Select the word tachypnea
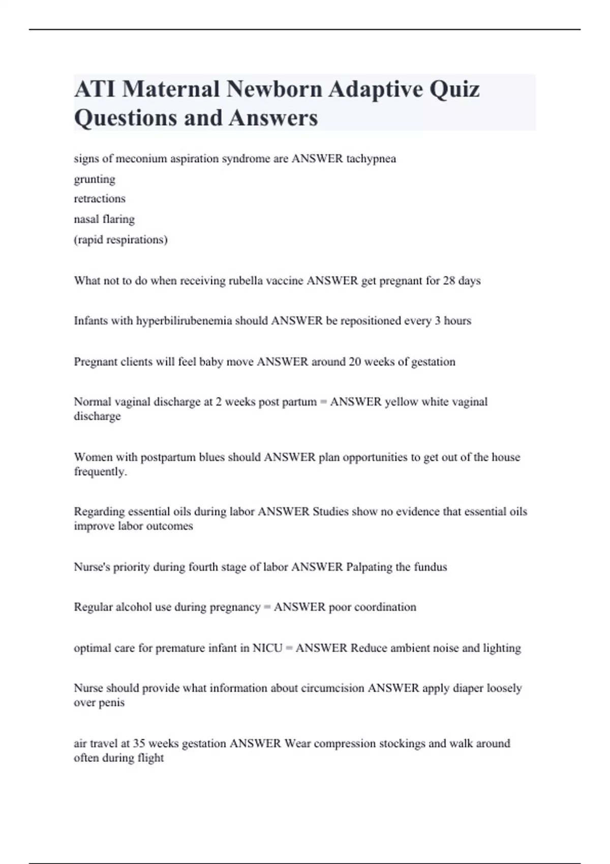pyautogui.click(x=371, y=159)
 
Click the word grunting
pyautogui.click(x=95, y=179)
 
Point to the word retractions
pyautogui.click(x=100, y=199)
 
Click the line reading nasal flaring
pyautogui.click(x=104, y=219)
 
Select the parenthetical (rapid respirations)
pyautogui.click(x=120, y=239)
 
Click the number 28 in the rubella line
pyautogui.click(x=449, y=281)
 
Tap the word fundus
pyautogui.click(x=430, y=567)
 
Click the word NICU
pyautogui.click(x=267, y=648)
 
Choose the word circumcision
pyautogui.click(x=332, y=688)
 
